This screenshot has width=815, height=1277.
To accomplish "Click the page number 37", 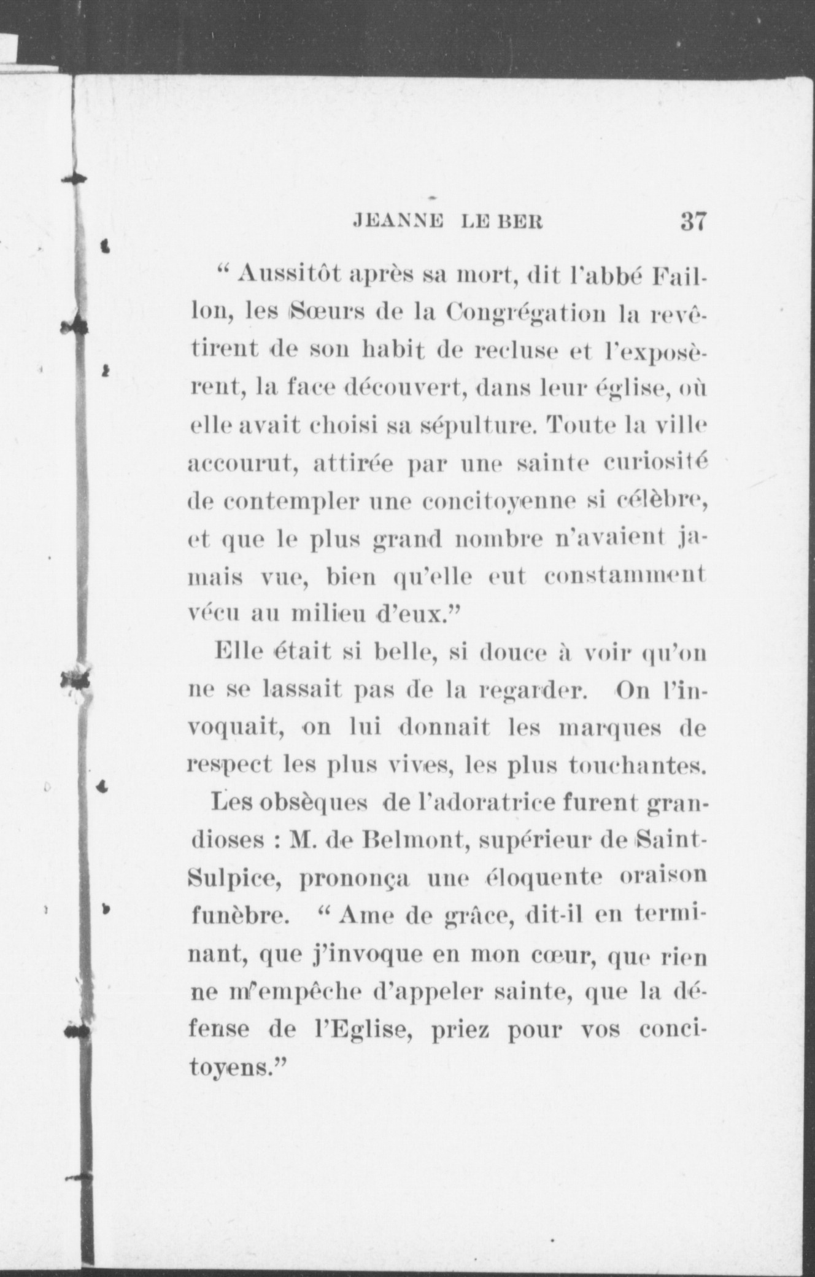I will pos(693,222).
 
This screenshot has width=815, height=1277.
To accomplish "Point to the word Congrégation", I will pos(526,313).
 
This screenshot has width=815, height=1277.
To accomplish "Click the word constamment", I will pos(624,576).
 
